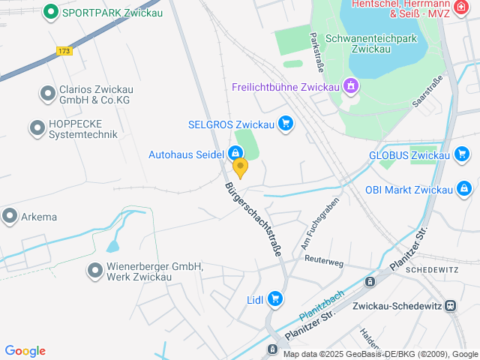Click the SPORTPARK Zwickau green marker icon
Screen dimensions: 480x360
pos(51,12)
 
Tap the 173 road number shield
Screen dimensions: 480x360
pos(64,51)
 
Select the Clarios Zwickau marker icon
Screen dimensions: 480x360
pos(46,94)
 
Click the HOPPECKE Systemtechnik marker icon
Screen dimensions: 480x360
pos(37,128)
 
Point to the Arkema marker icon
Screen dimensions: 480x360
pos(10,217)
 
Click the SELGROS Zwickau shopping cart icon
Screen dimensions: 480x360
pos(285,124)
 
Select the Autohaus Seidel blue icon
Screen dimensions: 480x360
pos(235,154)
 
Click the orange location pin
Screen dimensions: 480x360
pos(240,168)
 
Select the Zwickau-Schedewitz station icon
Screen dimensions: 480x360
pos(450,306)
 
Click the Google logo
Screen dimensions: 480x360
pos(25,351)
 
